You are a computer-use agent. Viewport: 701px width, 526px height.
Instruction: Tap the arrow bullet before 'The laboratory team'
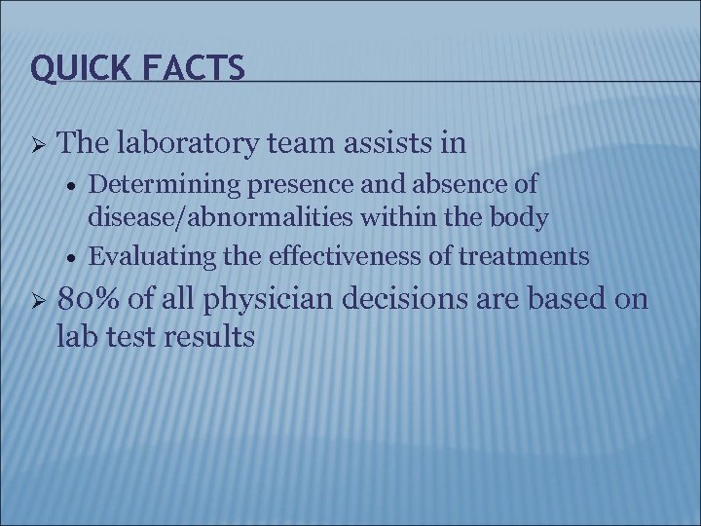[x=36, y=145]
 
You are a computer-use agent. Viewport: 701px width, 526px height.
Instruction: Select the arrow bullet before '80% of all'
[x=36, y=299]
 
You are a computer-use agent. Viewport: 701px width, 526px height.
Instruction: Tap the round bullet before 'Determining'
[x=74, y=185]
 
